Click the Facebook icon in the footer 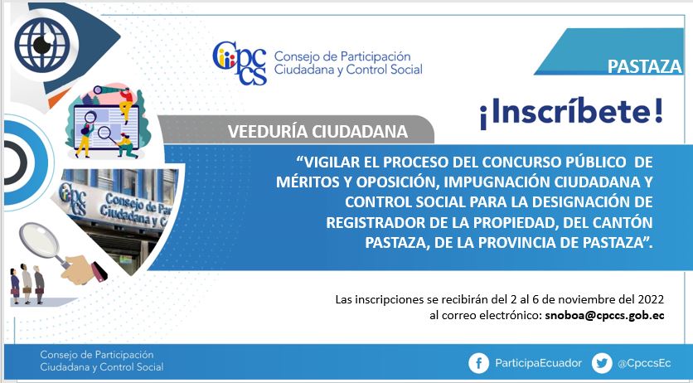478,363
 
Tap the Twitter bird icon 602,363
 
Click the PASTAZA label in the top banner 645,66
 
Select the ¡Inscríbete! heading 571,113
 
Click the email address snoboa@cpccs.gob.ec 604,315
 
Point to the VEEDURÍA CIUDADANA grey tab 296,130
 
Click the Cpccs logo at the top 240,63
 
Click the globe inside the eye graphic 42,44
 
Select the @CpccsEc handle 644,364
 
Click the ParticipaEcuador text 538,363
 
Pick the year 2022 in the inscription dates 651,299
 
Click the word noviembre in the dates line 583,299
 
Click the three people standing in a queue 27,284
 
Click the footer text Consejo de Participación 97,355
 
